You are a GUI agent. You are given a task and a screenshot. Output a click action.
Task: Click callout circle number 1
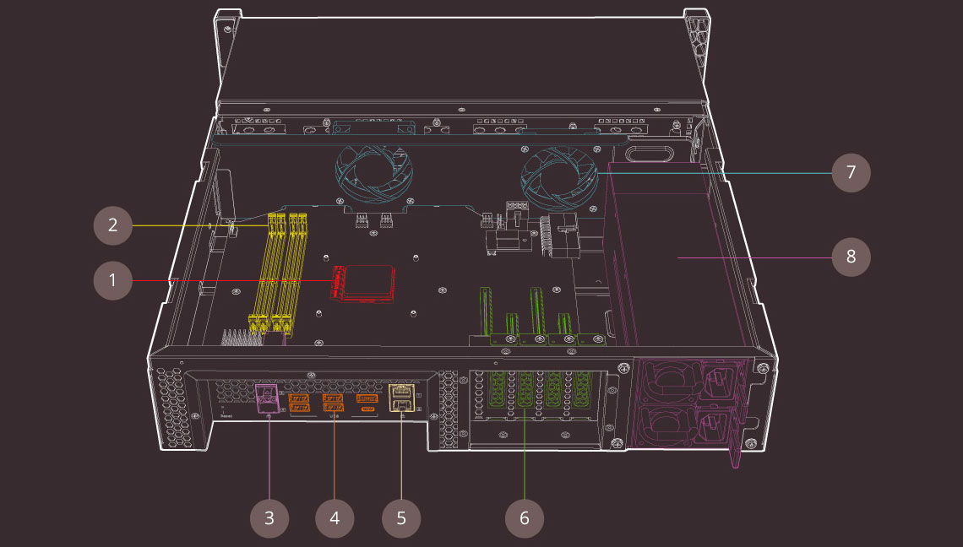coord(112,280)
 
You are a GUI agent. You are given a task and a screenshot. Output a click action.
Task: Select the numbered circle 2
coord(112,225)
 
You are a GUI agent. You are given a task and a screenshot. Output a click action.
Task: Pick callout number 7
coord(851,173)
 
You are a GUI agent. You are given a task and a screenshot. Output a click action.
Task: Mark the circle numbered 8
coord(851,256)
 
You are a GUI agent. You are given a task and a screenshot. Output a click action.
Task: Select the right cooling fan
coord(560,178)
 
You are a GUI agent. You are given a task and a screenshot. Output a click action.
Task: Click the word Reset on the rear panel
coord(226,415)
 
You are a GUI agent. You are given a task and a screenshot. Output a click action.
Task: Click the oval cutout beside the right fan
coord(650,155)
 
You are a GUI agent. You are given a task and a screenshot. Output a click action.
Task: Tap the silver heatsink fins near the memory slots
coord(239,337)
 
